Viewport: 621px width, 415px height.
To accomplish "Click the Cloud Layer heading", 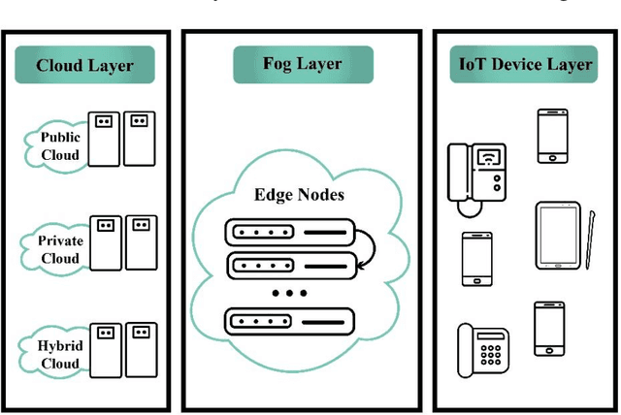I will coord(84,66).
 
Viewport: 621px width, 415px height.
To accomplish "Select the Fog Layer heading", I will coord(301,64).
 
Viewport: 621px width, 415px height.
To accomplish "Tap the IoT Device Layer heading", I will coord(525,64).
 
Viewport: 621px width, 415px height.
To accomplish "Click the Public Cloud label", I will coord(60,145).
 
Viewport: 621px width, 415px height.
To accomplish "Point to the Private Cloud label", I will coord(60,250).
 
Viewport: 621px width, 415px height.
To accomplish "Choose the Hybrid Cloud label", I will coord(60,354).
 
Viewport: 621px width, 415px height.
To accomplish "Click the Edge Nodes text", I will coord(299,194).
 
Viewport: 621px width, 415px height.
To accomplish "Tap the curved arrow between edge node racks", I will coord(370,248).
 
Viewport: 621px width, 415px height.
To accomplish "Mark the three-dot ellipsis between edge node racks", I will coord(289,292).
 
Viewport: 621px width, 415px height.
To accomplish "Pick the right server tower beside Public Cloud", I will coord(140,138).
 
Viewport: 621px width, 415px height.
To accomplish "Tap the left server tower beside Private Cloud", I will coord(105,242).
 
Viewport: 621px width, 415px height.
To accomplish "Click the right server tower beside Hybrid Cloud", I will coord(140,349).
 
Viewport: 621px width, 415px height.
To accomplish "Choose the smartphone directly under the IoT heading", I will coord(552,136).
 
